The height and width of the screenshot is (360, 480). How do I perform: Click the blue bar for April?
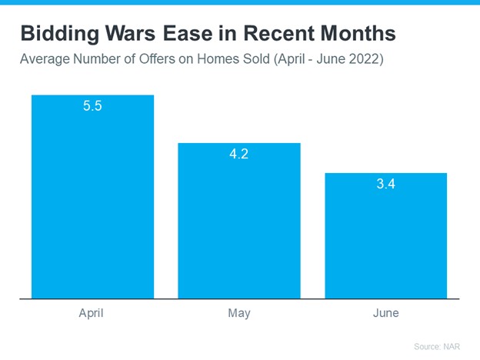(93, 197)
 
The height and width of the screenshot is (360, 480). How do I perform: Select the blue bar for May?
(239, 221)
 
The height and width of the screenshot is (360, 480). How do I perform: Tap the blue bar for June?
(386, 235)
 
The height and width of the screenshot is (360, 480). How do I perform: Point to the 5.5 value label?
(92, 106)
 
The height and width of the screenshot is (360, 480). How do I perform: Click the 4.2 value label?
(239, 154)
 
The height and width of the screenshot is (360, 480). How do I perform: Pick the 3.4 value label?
(386, 184)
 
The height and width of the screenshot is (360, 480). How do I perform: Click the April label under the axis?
(92, 313)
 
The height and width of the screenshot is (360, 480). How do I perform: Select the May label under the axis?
(239, 314)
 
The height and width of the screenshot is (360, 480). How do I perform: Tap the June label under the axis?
(386, 313)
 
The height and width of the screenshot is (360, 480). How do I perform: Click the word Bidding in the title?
(60, 34)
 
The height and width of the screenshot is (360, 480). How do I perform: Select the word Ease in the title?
(188, 33)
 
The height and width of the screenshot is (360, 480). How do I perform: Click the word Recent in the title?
(279, 33)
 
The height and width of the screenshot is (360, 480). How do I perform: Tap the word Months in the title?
(358, 33)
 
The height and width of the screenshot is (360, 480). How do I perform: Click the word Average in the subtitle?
(45, 58)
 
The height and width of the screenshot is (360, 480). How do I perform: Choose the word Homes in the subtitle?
(218, 58)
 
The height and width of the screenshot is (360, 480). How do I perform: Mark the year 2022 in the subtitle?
(363, 58)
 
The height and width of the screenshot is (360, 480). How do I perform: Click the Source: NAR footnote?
(437, 346)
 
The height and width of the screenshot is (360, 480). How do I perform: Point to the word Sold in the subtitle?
(256, 58)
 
